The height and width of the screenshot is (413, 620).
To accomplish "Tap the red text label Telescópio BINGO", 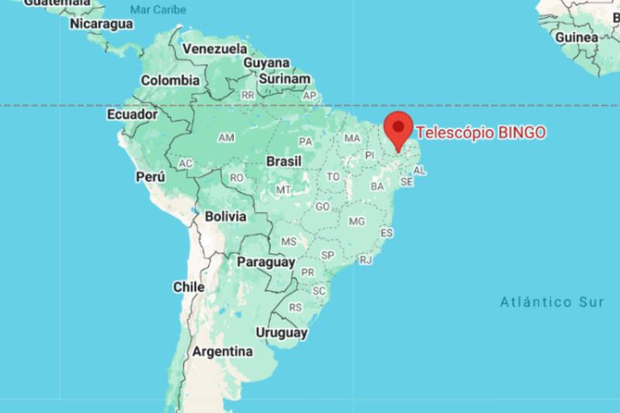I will (x=480, y=133).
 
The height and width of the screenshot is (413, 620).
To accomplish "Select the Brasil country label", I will (x=284, y=162).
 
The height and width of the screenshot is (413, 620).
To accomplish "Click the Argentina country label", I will (x=222, y=351).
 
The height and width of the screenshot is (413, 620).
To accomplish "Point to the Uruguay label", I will (x=281, y=333).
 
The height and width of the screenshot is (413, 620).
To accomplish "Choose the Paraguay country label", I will (x=265, y=262).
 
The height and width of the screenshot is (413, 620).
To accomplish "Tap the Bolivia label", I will (x=226, y=216).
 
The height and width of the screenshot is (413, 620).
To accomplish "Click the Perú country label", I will (x=150, y=177).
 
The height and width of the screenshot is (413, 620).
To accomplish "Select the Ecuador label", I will (x=132, y=115).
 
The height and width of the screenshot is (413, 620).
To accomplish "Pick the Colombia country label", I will (x=170, y=80).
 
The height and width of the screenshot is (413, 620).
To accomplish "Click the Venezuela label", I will (x=215, y=49).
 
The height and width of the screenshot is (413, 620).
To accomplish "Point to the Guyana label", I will (x=267, y=63).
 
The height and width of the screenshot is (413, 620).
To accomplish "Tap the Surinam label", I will (x=284, y=78).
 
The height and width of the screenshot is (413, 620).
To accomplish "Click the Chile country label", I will (x=188, y=287).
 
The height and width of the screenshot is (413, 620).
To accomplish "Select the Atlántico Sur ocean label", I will (x=551, y=302).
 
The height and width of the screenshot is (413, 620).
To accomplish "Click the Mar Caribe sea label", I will (x=157, y=9).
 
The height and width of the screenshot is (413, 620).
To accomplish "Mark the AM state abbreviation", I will (x=226, y=138).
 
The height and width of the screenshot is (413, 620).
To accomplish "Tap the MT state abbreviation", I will (x=284, y=189).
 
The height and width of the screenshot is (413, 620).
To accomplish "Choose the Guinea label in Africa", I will (x=576, y=37).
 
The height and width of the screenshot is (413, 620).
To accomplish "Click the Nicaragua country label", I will (x=102, y=24).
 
